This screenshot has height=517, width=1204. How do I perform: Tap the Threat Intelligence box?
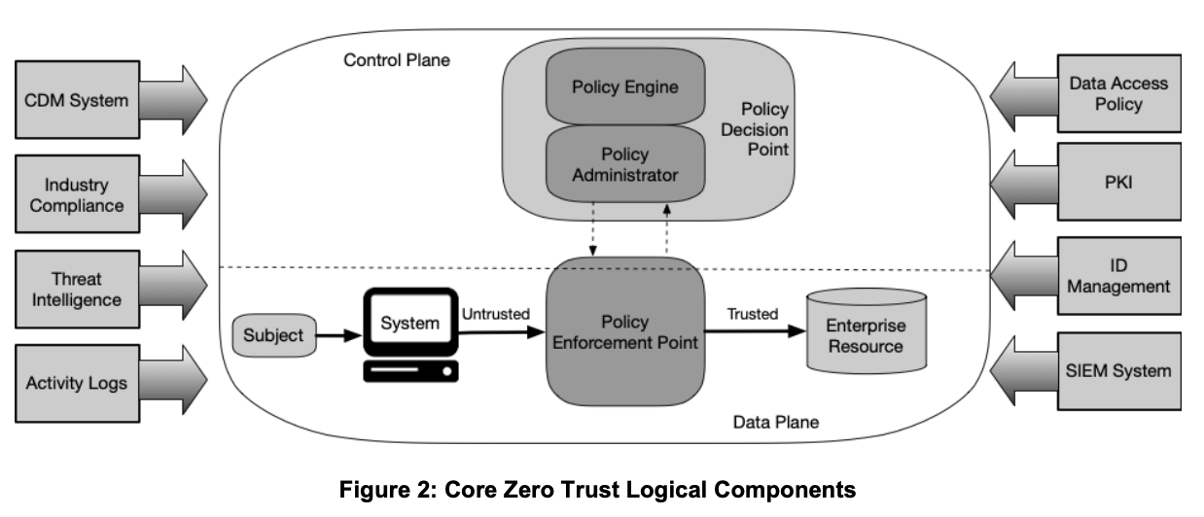76,289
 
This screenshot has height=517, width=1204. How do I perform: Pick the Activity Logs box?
76,383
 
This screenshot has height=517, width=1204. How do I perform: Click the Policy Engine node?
624,86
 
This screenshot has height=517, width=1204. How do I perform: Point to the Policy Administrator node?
624,164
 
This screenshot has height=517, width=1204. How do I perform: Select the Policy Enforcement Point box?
625,331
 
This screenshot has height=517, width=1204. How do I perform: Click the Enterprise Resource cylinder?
865,335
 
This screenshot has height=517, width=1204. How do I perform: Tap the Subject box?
272,336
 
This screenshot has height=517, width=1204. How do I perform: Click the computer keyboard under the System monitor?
409,371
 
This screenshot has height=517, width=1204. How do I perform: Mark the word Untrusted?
495,315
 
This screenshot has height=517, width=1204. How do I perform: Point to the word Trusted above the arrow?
752,314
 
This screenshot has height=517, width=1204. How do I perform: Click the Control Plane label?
396,60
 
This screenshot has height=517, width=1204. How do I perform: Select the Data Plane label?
774,422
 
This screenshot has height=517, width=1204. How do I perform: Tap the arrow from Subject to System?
336,336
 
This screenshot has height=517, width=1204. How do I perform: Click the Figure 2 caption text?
597,490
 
